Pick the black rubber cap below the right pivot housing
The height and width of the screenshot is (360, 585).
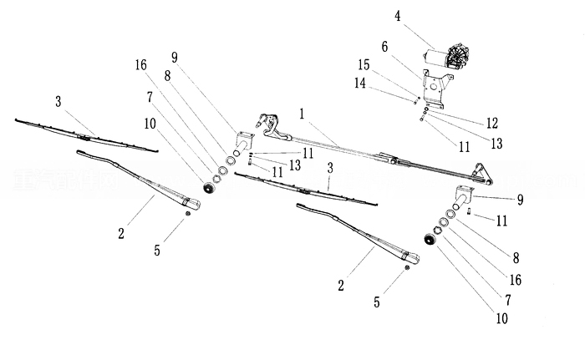point(432,240)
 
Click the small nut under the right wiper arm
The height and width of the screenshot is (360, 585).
point(407,267)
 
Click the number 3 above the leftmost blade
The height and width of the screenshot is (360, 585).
point(57,101)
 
